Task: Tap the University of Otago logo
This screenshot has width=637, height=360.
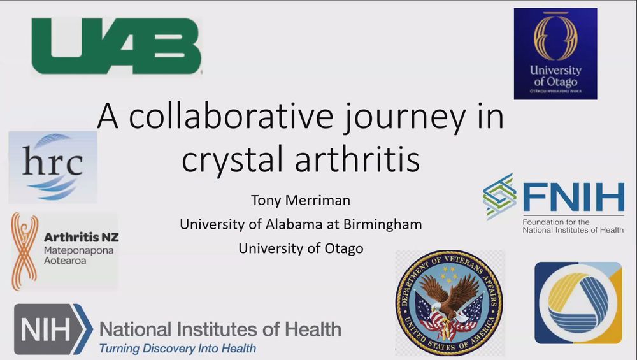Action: (x=555, y=54)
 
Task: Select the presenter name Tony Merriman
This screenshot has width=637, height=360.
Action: (x=300, y=202)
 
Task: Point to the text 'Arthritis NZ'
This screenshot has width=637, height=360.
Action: (x=81, y=237)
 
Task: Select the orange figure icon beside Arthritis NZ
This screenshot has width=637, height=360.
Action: (x=24, y=251)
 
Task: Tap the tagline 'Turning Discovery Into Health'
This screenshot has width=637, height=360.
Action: (x=176, y=348)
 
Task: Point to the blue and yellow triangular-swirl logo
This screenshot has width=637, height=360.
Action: (x=578, y=303)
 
